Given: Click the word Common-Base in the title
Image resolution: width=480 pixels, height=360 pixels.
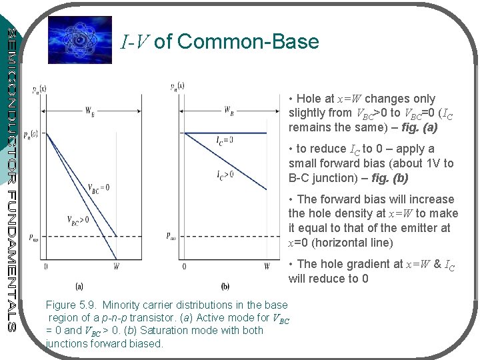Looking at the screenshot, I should (x=248, y=42).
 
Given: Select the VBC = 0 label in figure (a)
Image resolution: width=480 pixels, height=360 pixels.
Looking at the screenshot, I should (x=99, y=188).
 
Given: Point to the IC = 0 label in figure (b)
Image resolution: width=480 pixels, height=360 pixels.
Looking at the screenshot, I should (x=225, y=141).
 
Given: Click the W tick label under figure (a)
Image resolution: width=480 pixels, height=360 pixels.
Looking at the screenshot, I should (x=117, y=267).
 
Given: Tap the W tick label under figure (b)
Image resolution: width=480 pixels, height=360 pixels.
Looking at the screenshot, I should (x=267, y=267).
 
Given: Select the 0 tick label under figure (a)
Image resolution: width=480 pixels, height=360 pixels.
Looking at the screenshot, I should (x=46, y=267).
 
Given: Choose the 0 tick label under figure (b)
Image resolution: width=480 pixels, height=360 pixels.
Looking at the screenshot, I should (x=184, y=267).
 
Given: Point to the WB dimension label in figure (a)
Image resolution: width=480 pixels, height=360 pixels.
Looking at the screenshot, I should (x=90, y=111).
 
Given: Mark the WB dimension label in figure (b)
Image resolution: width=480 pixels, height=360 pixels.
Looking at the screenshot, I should (x=228, y=109).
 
